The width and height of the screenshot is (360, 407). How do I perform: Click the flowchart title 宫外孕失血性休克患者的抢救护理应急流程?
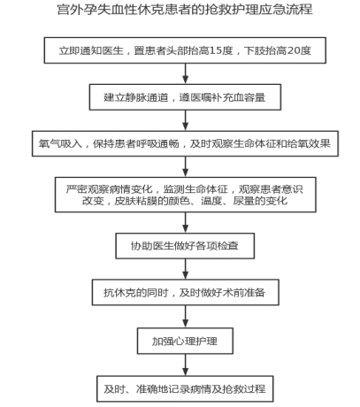click(185, 10)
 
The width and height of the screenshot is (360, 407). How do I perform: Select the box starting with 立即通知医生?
click(185, 50)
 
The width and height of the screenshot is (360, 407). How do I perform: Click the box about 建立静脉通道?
click(185, 97)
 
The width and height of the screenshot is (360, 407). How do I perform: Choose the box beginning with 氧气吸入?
click(185, 143)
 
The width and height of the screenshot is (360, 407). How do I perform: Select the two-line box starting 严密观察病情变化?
click(186, 195)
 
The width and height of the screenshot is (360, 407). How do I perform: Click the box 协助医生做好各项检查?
click(185, 246)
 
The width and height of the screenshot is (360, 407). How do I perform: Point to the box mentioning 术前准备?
click(186, 292)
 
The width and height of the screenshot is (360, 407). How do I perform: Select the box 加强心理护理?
click(185, 341)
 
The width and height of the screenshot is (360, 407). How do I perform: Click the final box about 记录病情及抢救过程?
click(185, 388)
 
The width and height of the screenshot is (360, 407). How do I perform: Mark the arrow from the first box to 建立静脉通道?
click(185, 73)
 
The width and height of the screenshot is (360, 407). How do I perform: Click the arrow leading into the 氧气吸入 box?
click(185, 120)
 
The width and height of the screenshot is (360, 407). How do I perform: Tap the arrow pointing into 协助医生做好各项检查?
click(185, 223)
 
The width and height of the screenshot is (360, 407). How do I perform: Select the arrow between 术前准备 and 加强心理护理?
click(185, 317)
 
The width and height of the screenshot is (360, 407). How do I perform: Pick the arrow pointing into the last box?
click(185, 365)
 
